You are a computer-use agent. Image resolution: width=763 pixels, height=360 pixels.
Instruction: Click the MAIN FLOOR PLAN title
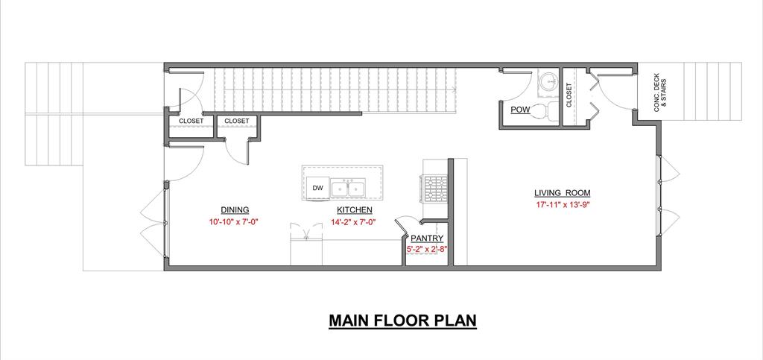pos(402,321)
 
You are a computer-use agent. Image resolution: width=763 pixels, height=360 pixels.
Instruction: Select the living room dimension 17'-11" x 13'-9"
pos(562,205)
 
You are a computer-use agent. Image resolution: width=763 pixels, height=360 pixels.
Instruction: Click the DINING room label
pos(235,210)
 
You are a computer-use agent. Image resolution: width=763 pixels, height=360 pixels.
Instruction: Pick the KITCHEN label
pos(355,210)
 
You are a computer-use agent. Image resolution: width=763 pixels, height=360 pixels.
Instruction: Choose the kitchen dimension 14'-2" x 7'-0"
pos(355,222)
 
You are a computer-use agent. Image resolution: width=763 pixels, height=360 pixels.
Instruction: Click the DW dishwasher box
pos(317,189)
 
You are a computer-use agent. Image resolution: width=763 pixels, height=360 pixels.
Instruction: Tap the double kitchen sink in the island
pos(348,189)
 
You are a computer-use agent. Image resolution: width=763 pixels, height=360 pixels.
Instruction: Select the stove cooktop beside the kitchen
pos(435,189)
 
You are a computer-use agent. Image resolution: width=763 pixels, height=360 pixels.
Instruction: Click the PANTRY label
pos(427,239)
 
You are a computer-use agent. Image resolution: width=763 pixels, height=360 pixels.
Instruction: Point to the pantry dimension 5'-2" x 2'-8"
pos(427,249)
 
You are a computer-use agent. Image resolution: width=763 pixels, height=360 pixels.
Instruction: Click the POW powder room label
pos(519,110)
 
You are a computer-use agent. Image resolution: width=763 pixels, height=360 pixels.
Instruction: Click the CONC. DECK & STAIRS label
pos(660,93)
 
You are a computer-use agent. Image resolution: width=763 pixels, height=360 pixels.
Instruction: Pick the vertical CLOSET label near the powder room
pos(569,95)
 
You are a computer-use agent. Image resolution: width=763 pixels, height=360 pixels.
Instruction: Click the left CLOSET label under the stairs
pos(191,121)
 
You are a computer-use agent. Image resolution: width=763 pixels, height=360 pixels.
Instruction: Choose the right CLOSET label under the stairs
pos(237,121)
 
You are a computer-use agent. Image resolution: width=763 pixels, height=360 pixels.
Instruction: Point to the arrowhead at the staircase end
pos(454,89)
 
